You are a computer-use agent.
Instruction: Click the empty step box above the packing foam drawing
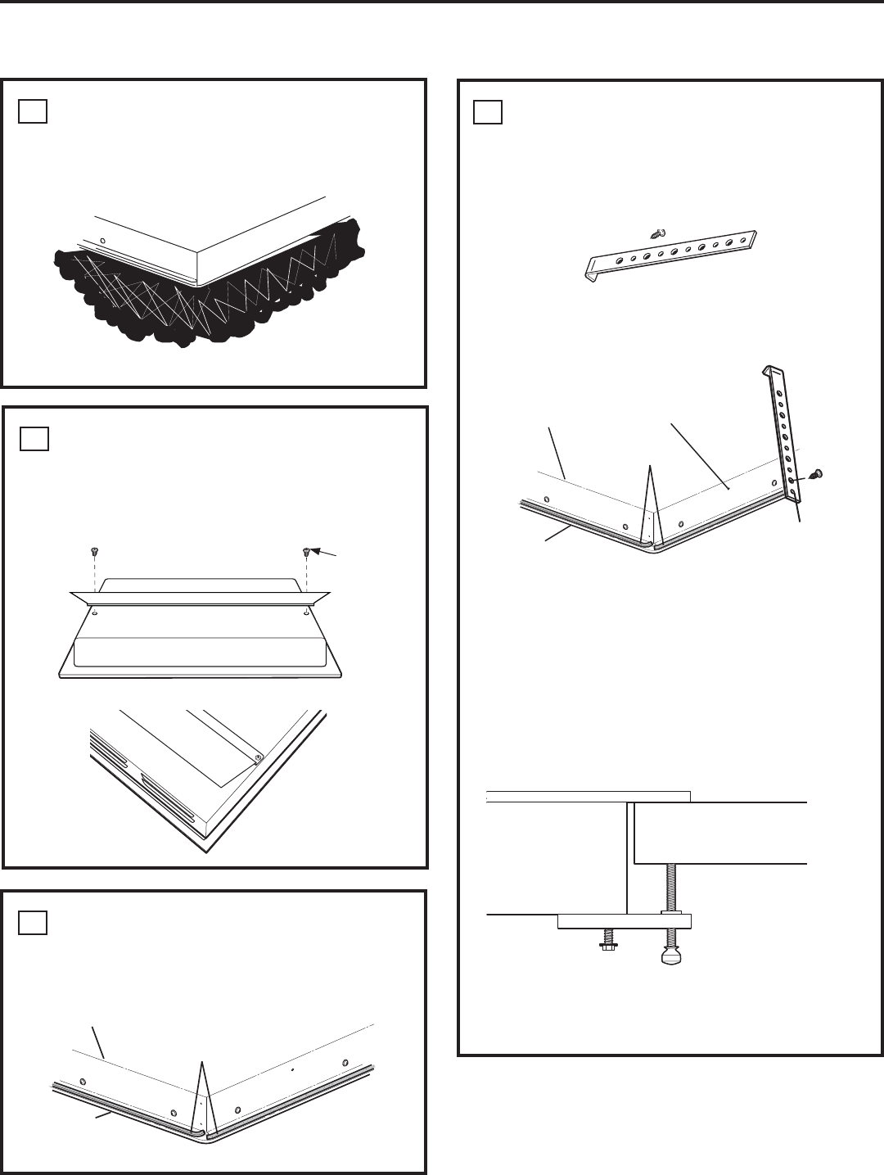(33, 111)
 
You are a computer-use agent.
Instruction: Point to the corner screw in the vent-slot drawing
(258, 757)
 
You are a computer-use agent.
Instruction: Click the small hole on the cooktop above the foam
(101, 241)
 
